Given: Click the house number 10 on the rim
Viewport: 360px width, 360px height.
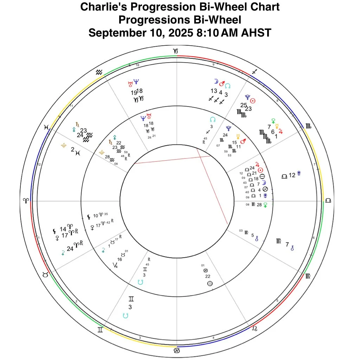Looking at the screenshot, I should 137,65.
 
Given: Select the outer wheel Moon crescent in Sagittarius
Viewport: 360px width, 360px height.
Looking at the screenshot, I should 216,82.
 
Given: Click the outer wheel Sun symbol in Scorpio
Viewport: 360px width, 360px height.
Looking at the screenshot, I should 252,101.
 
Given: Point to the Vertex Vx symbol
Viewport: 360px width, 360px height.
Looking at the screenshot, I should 115,265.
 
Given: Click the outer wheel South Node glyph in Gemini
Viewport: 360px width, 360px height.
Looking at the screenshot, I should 126,316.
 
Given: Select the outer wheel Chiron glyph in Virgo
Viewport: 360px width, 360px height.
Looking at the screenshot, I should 292,248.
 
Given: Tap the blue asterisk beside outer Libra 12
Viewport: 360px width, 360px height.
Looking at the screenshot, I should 299,173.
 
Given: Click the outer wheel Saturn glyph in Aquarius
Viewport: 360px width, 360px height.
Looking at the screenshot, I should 77,124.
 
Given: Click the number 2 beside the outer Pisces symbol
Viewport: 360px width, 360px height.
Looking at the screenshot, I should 72,149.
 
